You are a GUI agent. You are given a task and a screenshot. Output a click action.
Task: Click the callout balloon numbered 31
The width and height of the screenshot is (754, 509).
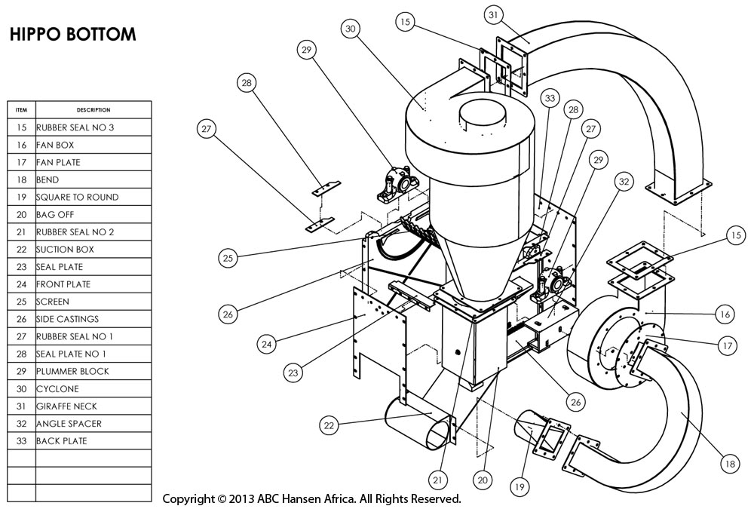pyautogui.click(x=493, y=14)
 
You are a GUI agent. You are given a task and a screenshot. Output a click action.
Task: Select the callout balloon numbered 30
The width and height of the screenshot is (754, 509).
pyautogui.click(x=350, y=29)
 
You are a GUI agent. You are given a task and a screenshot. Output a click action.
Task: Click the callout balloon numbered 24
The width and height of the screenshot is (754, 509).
pyautogui.click(x=266, y=344)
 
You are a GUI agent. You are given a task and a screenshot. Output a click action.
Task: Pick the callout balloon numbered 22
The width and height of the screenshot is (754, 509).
pyautogui.click(x=329, y=426)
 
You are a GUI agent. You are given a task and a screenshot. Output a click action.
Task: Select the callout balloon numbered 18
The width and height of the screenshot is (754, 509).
pyautogui.click(x=728, y=465)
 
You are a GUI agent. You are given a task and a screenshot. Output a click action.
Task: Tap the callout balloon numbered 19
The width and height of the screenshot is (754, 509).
pyautogui.click(x=520, y=488)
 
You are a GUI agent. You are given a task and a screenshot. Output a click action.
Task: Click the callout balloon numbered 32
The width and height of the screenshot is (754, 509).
pyautogui.click(x=623, y=182)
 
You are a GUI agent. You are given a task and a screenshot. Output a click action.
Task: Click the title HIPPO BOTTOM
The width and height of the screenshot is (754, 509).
pyautogui.click(x=73, y=35)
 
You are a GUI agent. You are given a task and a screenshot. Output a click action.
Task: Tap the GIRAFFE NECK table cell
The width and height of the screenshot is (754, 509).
pyautogui.click(x=67, y=406)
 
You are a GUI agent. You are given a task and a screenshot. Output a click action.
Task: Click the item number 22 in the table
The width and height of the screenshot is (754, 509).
pyautogui.click(x=21, y=250)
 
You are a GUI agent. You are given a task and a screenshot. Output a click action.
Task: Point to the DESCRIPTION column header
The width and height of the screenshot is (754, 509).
pyautogui.click(x=93, y=110)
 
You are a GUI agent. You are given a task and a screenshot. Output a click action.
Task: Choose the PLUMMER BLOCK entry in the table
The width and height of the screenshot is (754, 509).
pyautogui.click(x=72, y=372)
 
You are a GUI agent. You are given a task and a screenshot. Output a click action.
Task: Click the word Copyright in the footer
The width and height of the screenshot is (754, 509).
pyautogui.click(x=189, y=499)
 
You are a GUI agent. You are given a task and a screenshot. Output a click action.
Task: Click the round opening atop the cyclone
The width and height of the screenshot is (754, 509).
pyautogui.click(x=483, y=113)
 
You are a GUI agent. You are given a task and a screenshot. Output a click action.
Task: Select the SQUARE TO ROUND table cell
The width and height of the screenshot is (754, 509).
pyautogui.click(x=77, y=198)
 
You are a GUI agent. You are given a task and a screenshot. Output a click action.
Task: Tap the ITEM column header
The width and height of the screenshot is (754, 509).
pyautogui.click(x=21, y=110)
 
